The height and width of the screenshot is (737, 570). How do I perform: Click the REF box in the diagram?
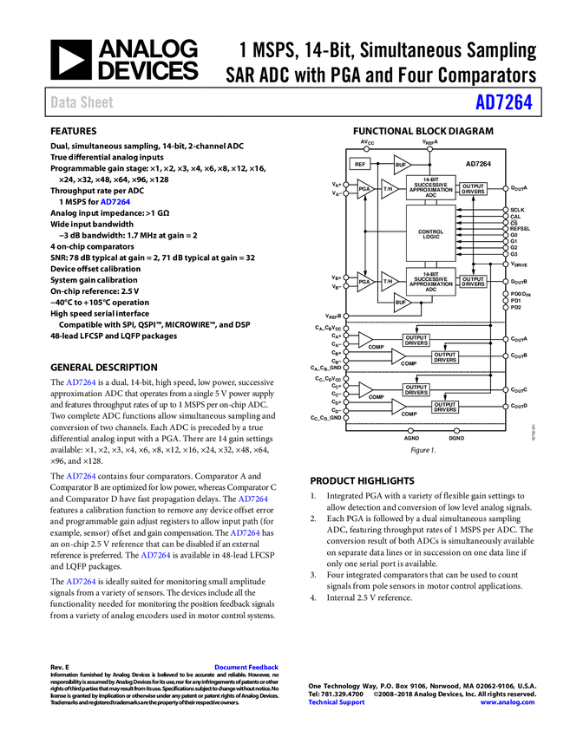click(360, 164)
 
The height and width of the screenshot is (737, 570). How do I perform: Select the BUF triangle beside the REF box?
click(401, 164)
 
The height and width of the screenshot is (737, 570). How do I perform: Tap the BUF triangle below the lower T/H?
click(401, 302)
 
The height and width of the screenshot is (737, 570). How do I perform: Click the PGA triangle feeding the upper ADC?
click(364, 189)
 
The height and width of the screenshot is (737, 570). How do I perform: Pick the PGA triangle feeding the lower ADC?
click(364, 282)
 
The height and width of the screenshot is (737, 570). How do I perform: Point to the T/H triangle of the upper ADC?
click(389, 189)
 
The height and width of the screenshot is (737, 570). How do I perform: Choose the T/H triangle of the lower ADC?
click(389, 282)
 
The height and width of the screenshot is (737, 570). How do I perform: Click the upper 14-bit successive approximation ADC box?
click(431, 188)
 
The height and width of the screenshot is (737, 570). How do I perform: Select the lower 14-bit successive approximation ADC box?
click(431, 282)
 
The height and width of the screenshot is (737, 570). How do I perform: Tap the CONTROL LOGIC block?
click(431, 234)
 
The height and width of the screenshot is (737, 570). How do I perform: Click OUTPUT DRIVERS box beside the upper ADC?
click(473, 188)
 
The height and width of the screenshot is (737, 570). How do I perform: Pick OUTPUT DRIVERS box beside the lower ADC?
click(473, 282)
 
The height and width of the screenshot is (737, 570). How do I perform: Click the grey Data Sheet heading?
click(82, 102)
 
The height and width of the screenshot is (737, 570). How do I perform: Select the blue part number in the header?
click(503, 102)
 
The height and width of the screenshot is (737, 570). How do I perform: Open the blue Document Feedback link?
click(247, 667)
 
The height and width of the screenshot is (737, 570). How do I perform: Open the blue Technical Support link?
click(337, 702)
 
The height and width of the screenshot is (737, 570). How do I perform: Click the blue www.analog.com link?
click(508, 702)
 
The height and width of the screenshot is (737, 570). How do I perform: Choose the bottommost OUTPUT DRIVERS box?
click(445, 407)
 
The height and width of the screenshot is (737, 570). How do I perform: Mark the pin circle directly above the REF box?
click(366, 149)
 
